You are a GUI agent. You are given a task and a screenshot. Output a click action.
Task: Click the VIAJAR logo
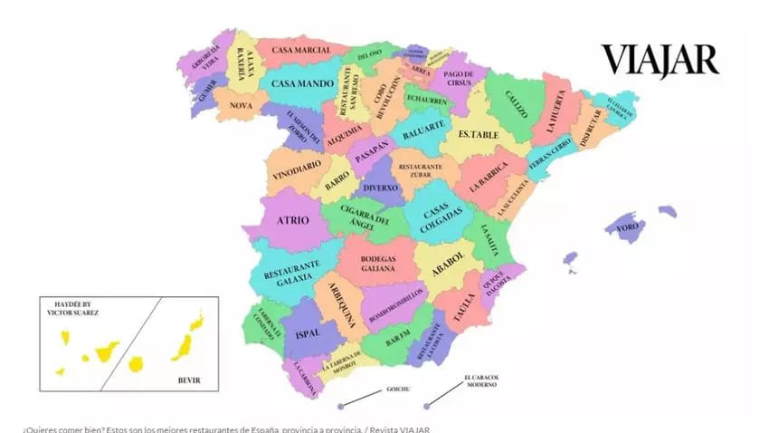[x=660, y=61]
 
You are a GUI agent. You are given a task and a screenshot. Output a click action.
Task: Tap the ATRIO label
[x=293, y=220]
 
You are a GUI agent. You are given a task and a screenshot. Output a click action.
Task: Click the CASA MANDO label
[x=303, y=83]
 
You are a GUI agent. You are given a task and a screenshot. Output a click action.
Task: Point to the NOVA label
[x=241, y=105]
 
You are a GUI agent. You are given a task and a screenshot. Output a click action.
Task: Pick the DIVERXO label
[x=381, y=188]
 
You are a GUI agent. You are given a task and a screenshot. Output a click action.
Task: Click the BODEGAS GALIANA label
[x=378, y=264]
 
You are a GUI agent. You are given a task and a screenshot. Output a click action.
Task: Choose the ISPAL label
[x=308, y=333]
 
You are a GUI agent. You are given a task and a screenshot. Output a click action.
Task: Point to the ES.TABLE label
[x=478, y=135]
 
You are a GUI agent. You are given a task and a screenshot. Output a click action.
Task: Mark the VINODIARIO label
[x=296, y=166]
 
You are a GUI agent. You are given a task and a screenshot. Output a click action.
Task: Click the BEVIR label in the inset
[x=188, y=380]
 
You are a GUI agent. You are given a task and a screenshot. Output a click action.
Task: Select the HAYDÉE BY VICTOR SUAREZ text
[x=72, y=308]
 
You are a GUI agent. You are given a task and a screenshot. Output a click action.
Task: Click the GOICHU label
[x=399, y=388]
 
